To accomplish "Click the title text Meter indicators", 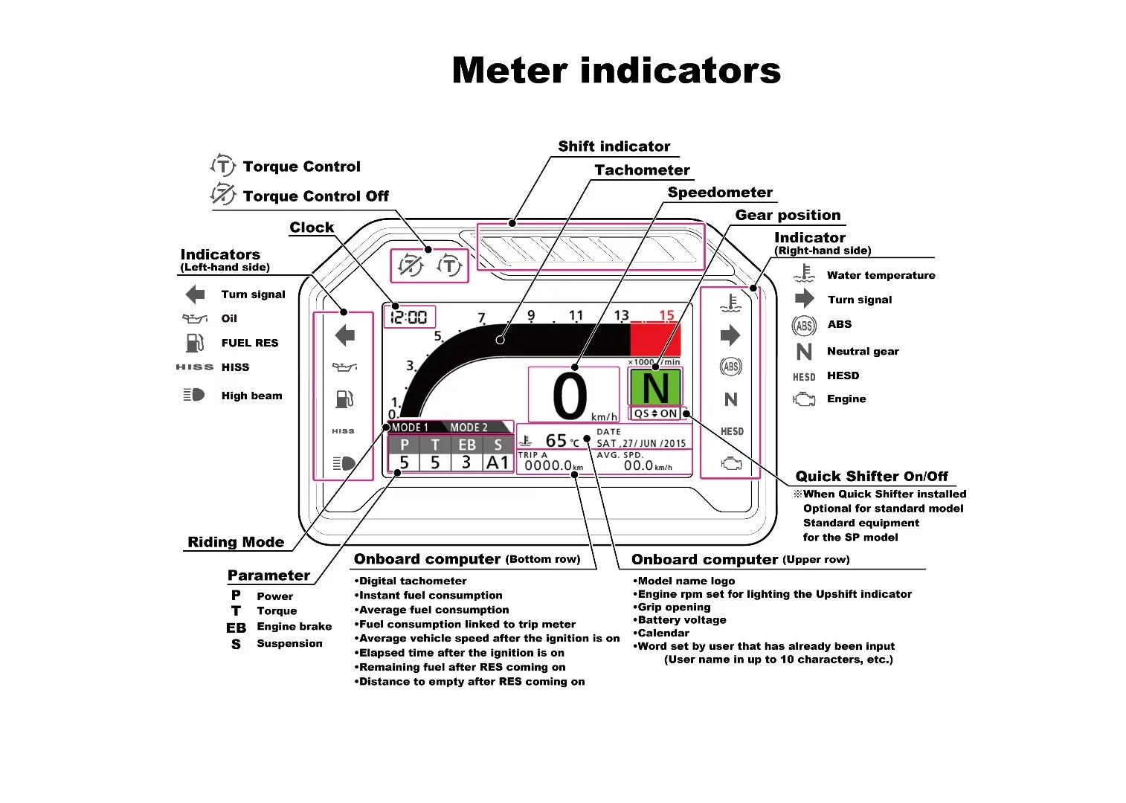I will [x=616, y=71].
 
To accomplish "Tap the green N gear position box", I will [x=655, y=387].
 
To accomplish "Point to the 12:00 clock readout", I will [x=409, y=317].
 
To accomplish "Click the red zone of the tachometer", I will [x=654, y=340].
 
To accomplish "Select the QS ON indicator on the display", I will [x=655, y=413].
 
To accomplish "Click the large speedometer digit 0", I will [x=570, y=397].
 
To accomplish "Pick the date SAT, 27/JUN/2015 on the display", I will [x=641, y=443].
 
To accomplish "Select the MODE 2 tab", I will [x=469, y=428].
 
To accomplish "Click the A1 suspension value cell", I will [x=498, y=462].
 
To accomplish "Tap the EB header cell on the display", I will [x=467, y=445].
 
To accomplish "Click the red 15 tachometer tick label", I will [x=666, y=315].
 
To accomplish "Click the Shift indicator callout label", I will [x=614, y=146].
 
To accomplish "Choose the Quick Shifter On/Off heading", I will [x=872, y=477].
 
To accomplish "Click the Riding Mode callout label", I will [x=236, y=542].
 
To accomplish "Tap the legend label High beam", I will [x=251, y=396].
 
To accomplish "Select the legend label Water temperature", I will [x=881, y=275].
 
